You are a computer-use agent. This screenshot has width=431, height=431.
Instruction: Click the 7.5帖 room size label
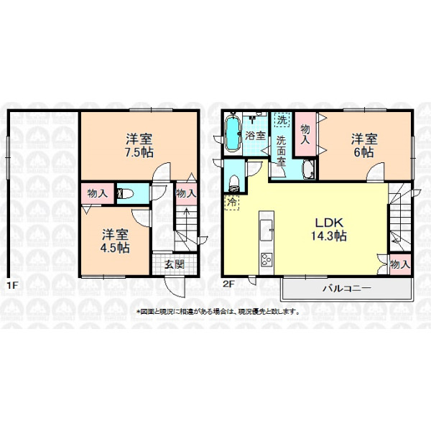click(139, 152)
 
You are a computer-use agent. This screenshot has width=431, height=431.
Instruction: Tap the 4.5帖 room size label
click(115, 248)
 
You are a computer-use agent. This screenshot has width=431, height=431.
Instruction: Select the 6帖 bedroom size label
click(363, 152)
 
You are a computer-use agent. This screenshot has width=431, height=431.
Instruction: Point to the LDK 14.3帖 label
click(329, 229)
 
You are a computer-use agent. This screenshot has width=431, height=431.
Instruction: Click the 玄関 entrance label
click(175, 264)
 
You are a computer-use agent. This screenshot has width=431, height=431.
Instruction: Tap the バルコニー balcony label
click(347, 288)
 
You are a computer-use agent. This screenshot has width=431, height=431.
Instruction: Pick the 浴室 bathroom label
click(255, 136)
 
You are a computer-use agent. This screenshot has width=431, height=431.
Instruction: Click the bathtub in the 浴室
click(233, 135)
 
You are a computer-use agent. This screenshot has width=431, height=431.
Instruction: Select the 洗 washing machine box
click(282, 120)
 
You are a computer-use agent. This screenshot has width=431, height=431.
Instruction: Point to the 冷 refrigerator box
click(232, 203)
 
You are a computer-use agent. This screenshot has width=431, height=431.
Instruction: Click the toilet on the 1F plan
click(126, 194)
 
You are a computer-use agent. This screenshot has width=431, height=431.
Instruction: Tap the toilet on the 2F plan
click(234, 184)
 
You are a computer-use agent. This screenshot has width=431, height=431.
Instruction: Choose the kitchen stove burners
click(267, 260)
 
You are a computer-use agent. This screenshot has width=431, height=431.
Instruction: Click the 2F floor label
click(228, 284)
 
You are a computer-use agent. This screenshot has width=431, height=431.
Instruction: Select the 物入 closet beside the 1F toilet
click(98, 193)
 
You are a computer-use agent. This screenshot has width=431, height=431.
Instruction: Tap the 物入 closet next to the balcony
click(400, 264)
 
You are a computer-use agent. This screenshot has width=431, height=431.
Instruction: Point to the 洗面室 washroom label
click(281, 152)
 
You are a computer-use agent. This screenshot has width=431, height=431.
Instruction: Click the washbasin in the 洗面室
click(308, 170)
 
